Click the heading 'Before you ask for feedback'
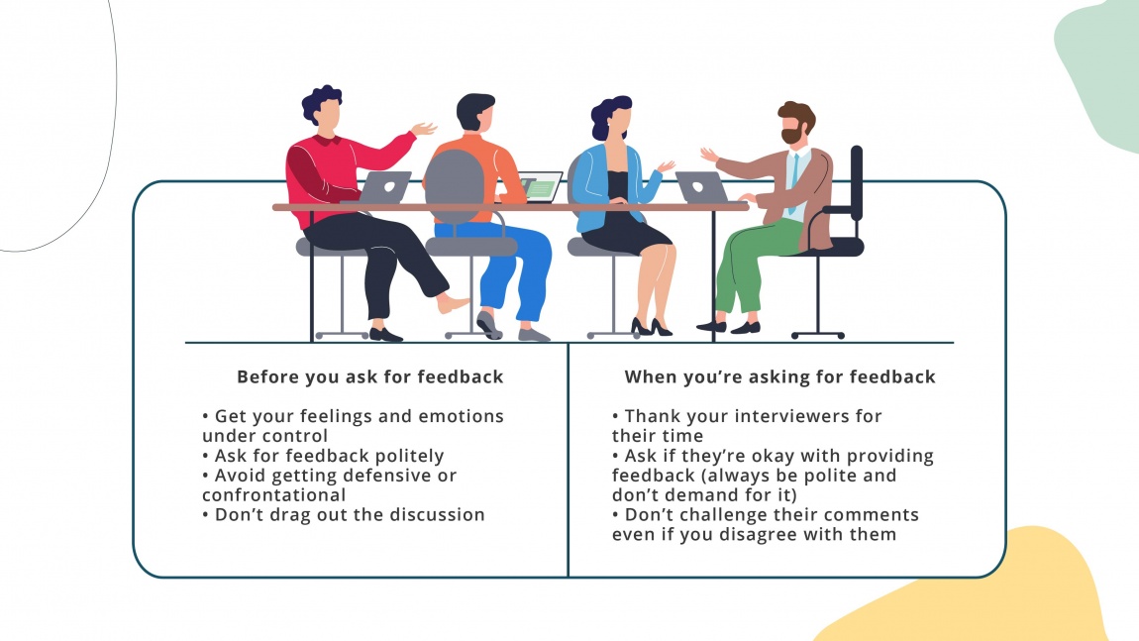point(369,376)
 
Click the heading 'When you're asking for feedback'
point(779,376)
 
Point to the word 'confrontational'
point(273,494)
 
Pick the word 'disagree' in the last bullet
point(779,534)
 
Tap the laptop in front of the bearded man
point(701,186)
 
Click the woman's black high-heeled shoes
point(648,326)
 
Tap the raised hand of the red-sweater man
point(424,129)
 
